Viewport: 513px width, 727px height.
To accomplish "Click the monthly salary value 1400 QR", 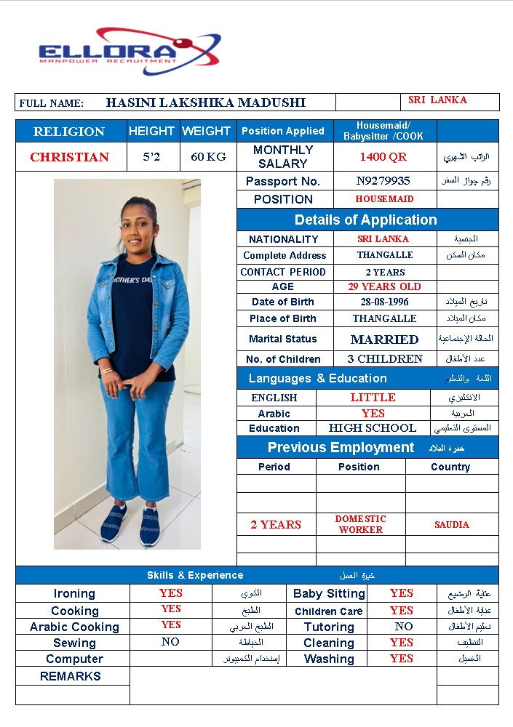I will (x=383, y=157).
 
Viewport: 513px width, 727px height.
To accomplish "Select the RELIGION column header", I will (x=69, y=132).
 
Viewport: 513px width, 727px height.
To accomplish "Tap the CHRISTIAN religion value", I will (x=69, y=157).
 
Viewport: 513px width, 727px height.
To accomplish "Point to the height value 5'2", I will (x=152, y=157).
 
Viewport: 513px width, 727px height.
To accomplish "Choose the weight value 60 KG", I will (x=207, y=157).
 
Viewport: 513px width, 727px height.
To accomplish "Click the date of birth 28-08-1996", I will (x=384, y=302).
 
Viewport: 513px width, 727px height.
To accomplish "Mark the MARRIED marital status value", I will (x=384, y=340).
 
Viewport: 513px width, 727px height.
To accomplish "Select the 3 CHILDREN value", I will (x=384, y=359).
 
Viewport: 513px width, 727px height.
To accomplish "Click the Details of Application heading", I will (x=365, y=220).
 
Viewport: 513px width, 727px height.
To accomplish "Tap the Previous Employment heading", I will (x=341, y=448).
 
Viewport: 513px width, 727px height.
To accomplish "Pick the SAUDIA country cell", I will (x=452, y=525).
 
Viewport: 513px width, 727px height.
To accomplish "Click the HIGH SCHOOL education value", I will (x=372, y=428).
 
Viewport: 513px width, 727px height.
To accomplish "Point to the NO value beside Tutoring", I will (x=403, y=627).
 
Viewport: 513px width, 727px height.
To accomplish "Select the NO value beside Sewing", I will (x=170, y=643).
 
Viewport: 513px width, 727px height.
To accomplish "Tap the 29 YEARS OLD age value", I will (x=384, y=286).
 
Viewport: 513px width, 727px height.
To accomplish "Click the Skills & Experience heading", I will (x=195, y=576).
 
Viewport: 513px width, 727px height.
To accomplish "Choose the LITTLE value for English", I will (x=373, y=398).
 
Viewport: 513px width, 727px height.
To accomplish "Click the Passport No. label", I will (x=283, y=182).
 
